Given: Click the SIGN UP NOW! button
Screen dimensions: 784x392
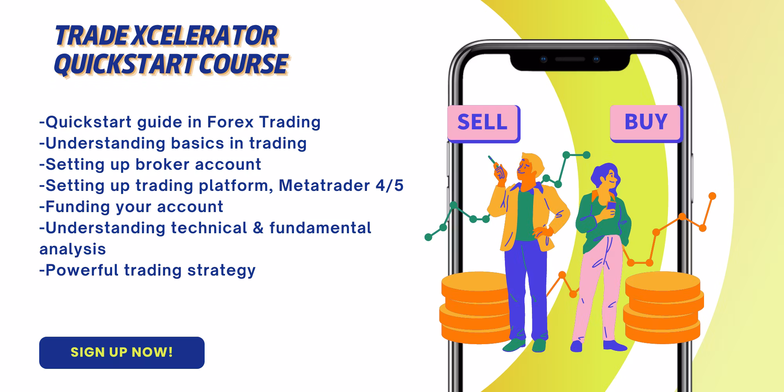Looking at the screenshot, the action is click(122, 352).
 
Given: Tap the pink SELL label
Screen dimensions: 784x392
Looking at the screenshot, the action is click(483, 123).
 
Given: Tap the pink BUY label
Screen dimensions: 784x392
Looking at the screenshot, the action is click(646, 123).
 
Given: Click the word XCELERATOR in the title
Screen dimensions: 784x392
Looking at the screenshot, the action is click(204, 36).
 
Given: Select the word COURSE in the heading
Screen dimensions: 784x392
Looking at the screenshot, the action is click(243, 64).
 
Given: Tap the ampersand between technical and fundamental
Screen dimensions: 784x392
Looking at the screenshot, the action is click(258, 228).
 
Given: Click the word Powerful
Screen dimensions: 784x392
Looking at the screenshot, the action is click(82, 270).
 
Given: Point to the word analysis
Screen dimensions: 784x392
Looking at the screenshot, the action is click(73, 250).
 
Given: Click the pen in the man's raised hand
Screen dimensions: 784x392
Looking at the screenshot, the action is click(493, 162).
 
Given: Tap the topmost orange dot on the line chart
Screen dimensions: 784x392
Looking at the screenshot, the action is click(713, 196).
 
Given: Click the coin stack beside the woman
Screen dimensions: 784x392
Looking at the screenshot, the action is click(662, 308).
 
